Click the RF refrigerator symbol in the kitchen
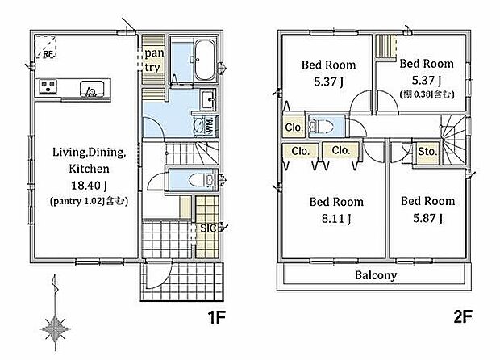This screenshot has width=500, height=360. click(x=46, y=47)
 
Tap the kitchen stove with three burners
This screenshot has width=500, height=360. click(x=48, y=86)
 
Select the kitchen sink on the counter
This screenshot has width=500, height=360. click(x=91, y=89)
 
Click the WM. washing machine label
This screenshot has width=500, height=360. click(x=210, y=126)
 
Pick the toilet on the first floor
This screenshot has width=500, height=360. click(x=202, y=180)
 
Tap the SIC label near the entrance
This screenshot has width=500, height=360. click(x=209, y=228)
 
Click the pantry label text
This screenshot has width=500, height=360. click(x=154, y=60)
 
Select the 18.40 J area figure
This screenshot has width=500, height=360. click(x=89, y=185)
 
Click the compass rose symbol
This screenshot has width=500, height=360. click(x=55, y=329)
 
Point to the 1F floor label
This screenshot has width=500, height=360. click(x=216, y=317)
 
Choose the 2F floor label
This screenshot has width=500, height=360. click(x=462, y=317)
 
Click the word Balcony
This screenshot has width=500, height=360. click(x=376, y=275)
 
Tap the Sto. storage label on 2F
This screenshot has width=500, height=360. click(x=427, y=151)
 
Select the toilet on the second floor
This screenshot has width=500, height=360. click(x=322, y=126)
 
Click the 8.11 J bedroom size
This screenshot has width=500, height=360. click(x=336, y=219)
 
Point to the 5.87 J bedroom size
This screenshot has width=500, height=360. click(x=427, y=218)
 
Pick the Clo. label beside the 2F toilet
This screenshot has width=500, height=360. click(x=294, y=128)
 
